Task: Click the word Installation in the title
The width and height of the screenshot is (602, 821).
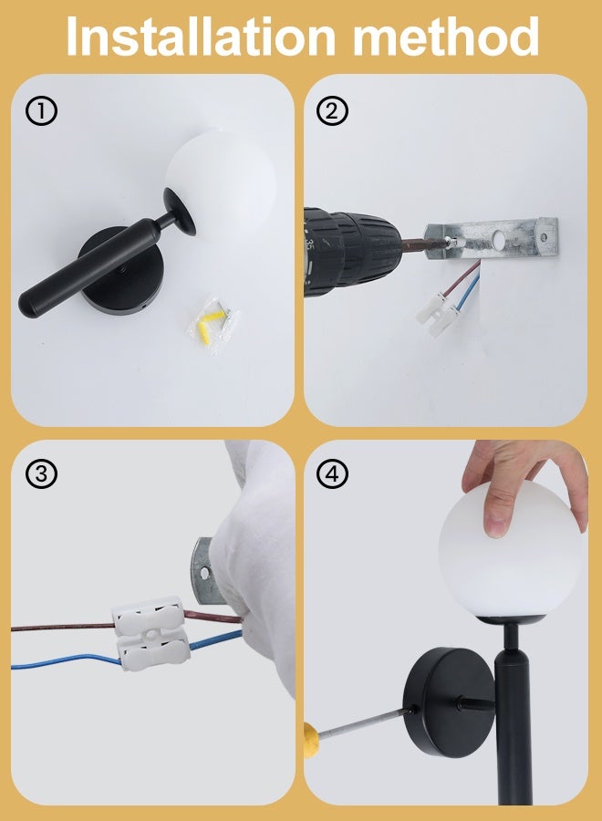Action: coord(201,36)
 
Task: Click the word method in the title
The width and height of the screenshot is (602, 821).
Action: coord(446,36)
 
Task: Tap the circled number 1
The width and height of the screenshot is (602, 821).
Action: coord(41,110)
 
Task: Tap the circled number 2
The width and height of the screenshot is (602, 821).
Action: coord(332,110)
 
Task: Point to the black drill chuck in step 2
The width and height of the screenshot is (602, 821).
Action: coord(351,252)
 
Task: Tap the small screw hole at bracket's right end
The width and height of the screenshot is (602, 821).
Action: coord(545,237)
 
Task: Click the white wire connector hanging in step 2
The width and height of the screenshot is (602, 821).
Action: coord(438,313)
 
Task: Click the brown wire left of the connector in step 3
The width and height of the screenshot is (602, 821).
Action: coord(63,627)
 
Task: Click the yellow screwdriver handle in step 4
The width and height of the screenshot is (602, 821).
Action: coord(311,739)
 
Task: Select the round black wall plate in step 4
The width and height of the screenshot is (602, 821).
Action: coord(448,702)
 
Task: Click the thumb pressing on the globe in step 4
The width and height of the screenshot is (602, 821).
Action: coord(494,513)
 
